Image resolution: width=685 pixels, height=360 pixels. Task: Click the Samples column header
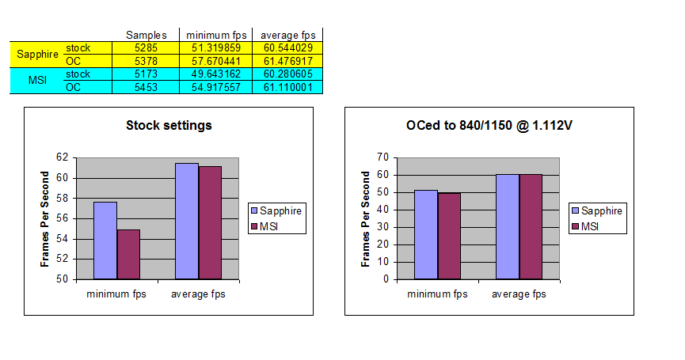pyautogui.click(x=147, y=35)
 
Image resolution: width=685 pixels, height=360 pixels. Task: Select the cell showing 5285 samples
pyautogui.click(x=147, y=47)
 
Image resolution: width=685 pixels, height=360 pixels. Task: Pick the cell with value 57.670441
pyautogui.click(x=216, y=60)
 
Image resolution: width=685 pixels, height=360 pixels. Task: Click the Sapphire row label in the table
pyautogui.click(x=36, y=54)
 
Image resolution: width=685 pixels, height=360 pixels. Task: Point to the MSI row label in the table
pyautogui.click(x=36, y=80)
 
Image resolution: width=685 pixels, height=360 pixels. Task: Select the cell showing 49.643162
pyautogui.click(x=216, y=74)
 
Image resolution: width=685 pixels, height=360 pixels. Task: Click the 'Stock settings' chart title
pyautogui.click(x=169, y=125)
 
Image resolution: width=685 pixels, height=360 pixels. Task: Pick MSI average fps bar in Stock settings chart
pyautogui.click(x=210, y=222)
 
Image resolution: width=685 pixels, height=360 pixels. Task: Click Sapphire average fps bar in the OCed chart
pyautogui.click(x=508, y=226)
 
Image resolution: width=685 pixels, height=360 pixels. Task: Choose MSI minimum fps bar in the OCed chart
pyautogui.click(x=448, y=236)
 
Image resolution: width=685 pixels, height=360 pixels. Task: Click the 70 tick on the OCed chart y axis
pyautogui.click(x=386, y=157)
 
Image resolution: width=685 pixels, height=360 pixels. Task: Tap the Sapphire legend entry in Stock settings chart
pyautogui.click(x=275, y=210)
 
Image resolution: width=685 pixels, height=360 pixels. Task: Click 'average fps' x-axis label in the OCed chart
pyautogui.click(x=519, y=294)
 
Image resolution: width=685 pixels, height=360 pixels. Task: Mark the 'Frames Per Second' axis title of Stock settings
pyautogui.click(x=45, y=218)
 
